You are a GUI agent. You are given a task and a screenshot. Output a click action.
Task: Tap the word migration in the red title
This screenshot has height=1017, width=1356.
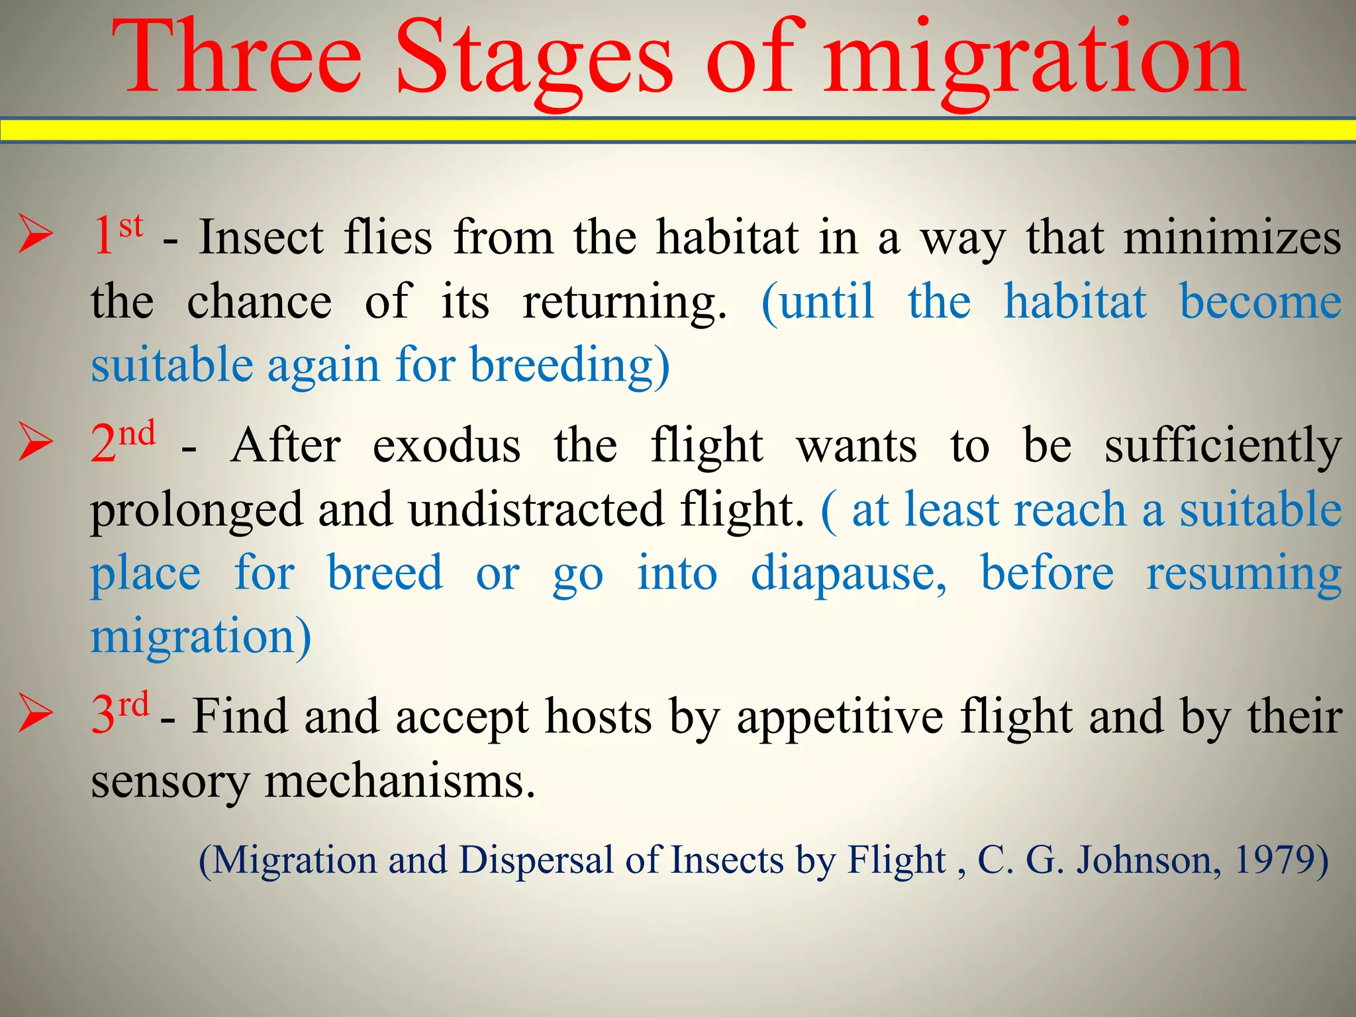(x=1033, y=63)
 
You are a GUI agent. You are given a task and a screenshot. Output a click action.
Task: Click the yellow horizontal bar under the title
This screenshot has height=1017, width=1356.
(x=678, y=130)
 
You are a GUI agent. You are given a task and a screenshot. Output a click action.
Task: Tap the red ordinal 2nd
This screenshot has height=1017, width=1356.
(x=123, y=442)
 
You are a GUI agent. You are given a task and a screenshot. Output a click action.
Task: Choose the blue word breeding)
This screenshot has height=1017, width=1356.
(x=569, y=365)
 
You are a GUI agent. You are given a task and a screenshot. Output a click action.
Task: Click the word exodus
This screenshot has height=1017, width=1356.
(x=446, y=446)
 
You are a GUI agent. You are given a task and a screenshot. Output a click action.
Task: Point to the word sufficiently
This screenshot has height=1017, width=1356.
(x=1222, y=446)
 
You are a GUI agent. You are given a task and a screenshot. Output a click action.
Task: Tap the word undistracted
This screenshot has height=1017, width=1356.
(x=536, y=509)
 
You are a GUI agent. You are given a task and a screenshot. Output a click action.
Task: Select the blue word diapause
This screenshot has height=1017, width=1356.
(x=848, y=573)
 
